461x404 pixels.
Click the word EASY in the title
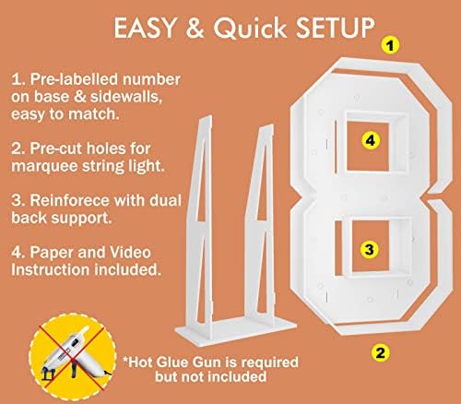tap(145, 28)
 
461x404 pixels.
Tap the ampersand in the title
tap(195, 28)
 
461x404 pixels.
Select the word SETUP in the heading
tap(335, 28)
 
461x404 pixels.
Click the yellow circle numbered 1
tap(390, 45)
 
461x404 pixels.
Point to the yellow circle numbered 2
tap(380, 352)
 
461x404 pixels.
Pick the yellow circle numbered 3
tap(370, 249)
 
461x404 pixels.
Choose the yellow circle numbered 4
tap(371, 140)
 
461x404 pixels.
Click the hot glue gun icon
tap(73, 357)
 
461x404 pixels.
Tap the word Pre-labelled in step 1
tap(75, 79)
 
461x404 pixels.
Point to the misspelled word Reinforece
tap(69, 200)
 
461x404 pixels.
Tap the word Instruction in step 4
tap(51, 270)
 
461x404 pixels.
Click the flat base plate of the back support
tap(236, 331)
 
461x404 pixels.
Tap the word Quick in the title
tap(251, 28)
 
